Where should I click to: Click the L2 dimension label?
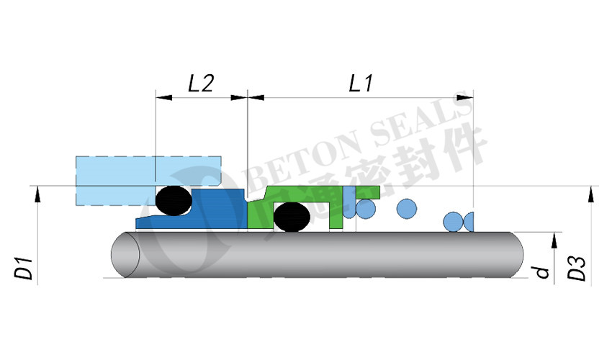point(201,83)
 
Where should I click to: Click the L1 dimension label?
point(361,83)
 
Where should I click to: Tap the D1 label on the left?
point(24,267)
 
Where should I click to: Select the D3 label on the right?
point(577,269)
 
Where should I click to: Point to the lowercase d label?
point(542,272)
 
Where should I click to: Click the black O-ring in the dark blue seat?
point(174,200)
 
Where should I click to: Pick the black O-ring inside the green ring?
point(292,217)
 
